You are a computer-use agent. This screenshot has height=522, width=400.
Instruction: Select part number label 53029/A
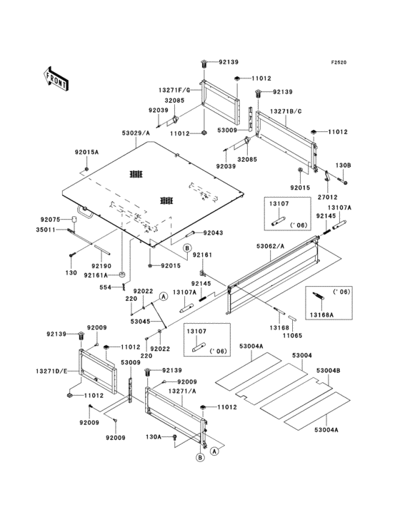[x=136, y=133]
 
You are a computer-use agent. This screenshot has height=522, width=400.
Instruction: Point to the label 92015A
[x=87, y=152]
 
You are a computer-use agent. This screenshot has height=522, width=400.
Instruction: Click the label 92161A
[x=96, y=275]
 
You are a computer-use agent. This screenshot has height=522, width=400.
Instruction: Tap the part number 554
[x=105, y=287]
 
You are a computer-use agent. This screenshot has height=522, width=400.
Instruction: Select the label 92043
[x=214, y=233]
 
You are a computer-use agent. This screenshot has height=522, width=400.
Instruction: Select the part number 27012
[x=327, y=196]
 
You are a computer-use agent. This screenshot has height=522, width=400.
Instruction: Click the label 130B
[x=344, y=165]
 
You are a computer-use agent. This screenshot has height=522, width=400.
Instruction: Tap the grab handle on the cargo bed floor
[x=86, y=210]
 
